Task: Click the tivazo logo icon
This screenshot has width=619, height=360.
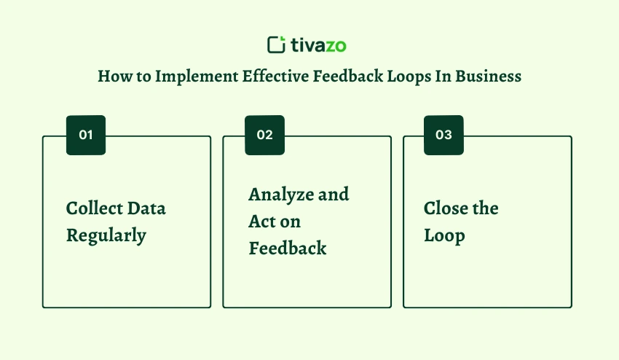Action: click(x=276, y=44)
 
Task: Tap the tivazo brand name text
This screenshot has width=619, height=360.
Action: click(x=318, y=45)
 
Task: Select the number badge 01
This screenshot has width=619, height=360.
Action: click(x=86, y=135)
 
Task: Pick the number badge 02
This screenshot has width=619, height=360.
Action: click(x=264, y=135)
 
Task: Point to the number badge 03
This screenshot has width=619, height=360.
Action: click(x=443, y=135)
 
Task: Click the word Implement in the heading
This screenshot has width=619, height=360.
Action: click(x=197, y=77)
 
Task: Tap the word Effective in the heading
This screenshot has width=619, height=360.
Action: click(x=275, y=76)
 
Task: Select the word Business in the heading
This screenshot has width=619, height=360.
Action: click(x=489, y=76)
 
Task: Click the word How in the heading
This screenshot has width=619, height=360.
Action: click(x=115, y=76)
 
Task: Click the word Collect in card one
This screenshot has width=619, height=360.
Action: click(x=94, y=208)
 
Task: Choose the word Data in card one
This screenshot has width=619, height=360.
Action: click(x=146, y=208)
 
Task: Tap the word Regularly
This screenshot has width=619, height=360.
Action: click(x=106, y=236)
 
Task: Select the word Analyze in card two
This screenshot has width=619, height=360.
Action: click(x=281, y=195)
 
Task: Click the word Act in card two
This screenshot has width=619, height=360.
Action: click(x=261, y=222)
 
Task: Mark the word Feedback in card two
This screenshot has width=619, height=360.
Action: click(x=288, y=249)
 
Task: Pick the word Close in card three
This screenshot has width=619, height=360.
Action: click(x=446, y=208)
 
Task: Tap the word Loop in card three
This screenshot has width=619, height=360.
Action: click(x=444, y=236)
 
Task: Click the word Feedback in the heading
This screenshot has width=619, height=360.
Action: click(x=348, y=76)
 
